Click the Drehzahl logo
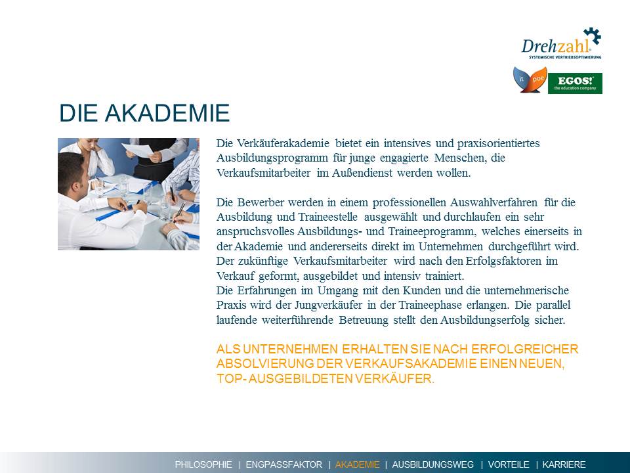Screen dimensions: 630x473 [561, 44]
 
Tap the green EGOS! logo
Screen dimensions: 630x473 [575, 83]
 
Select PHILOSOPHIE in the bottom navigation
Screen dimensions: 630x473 [203, 464]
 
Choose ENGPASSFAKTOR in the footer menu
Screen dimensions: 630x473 [283, 464]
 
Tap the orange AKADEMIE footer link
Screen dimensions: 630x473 [357, 464]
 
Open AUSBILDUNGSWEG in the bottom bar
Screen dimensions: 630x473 [432, 464]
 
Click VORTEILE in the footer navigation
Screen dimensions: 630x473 [509, 464]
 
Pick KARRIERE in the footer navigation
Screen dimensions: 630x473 [564, 464]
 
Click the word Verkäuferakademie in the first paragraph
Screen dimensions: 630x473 [283, 143]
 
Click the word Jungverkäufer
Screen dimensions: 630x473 [328, 305]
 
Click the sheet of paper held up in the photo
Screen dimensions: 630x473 [138, 150]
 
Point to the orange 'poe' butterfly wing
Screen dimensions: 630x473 [537, 79]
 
